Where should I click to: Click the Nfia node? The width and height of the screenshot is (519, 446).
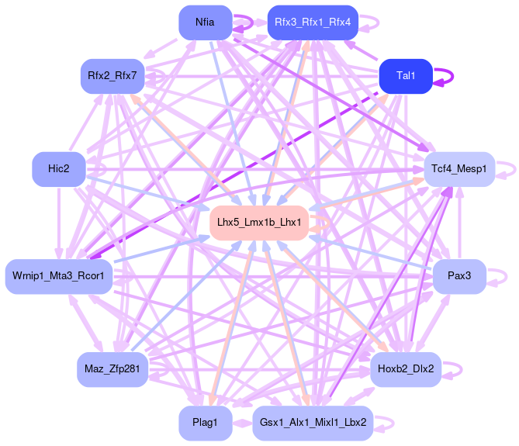click(x=206, y=22)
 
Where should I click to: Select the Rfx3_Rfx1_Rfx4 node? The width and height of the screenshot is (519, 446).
click(x=312, y=22)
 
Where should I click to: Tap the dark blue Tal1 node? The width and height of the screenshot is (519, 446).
click(x=406, y=75)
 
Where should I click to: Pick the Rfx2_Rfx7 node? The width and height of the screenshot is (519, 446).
click(x=112, y=75)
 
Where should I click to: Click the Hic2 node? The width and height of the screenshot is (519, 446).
click(x=59, y=168)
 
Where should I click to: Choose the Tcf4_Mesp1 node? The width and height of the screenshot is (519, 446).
click(x=458, y=168)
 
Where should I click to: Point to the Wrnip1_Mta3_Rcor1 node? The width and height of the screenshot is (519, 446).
click(x=59, y=276)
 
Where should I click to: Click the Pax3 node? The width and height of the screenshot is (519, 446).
click(x=458, y=276)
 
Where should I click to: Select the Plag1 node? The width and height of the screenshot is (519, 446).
click(x=206, y=423)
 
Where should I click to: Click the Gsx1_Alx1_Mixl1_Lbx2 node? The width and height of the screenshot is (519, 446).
click(x=312, y=423)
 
